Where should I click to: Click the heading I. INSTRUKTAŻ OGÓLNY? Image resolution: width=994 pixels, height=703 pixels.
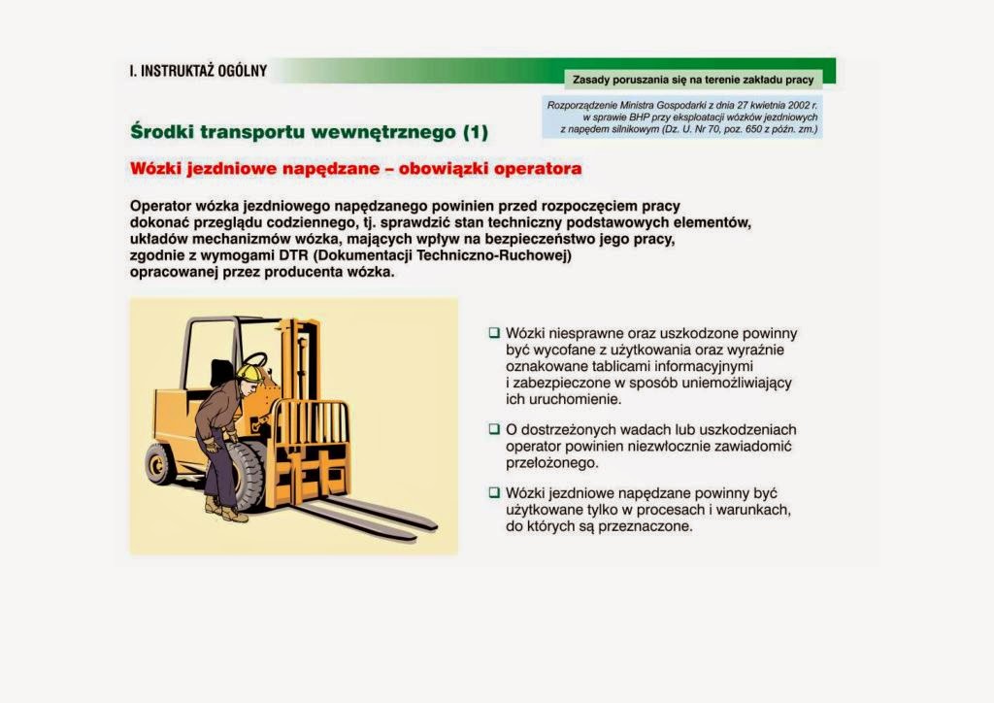pos(198,70)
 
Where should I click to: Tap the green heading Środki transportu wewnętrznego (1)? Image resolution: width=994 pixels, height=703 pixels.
pos(309,132)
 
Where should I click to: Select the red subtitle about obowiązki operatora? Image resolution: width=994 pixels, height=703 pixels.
pos(355,169)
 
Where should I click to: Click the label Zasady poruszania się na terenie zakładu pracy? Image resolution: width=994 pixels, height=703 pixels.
pos(693,80)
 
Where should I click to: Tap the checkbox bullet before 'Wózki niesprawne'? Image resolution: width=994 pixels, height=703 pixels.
pos(494,332)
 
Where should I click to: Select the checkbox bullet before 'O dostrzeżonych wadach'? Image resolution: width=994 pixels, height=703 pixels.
pos(494,428)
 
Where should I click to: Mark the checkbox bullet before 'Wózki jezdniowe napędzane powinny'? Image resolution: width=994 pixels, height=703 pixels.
pos(494,492)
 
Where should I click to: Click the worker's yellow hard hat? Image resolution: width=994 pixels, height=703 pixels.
pos(250,372)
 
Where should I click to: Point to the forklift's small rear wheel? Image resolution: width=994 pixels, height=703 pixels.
pos(157,465)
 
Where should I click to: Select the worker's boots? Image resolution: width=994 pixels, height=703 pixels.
pos(226,509)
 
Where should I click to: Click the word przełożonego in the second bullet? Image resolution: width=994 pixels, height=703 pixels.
pos(551,463)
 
